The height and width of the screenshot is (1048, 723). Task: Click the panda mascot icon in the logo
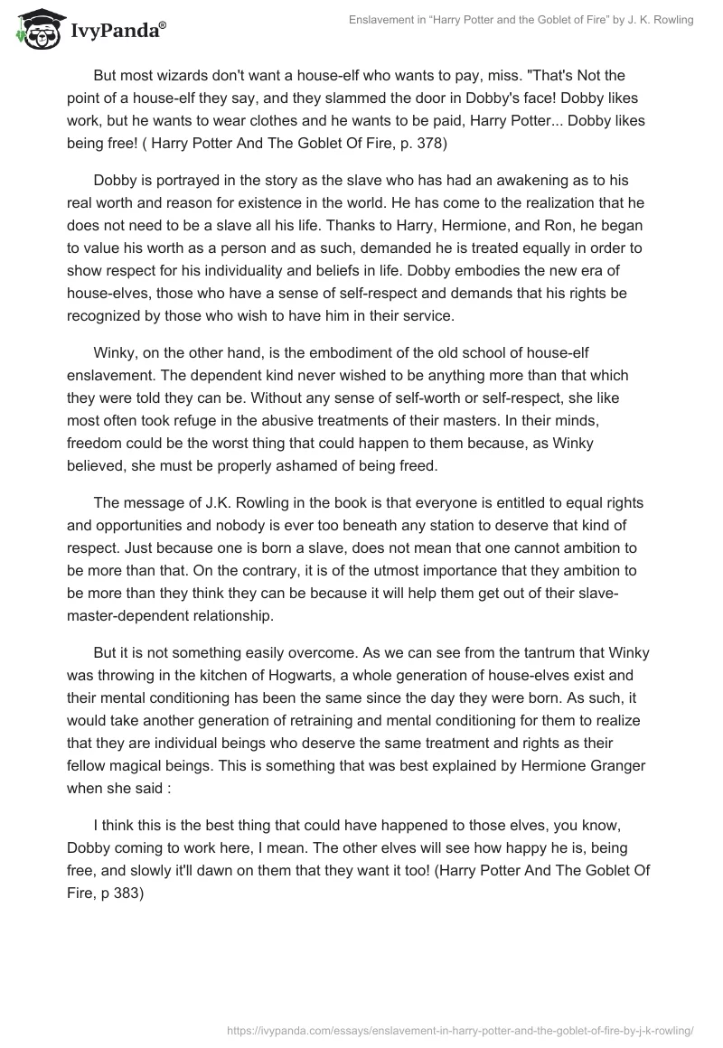36,30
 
